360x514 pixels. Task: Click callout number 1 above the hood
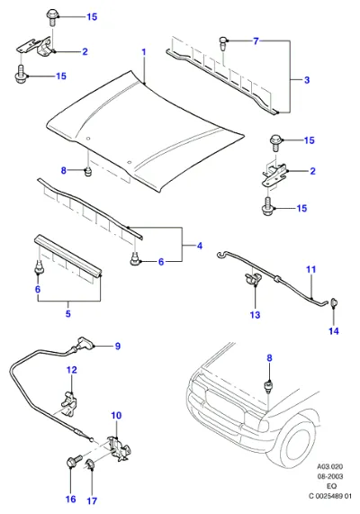pos(144,52)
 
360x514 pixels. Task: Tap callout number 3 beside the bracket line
pos(307,80)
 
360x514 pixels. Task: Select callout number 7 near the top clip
pos(256,41)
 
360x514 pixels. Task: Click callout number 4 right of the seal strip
pos(200,246)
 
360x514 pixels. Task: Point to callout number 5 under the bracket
pos(67,313)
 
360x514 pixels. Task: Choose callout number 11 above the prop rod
pos(310,269)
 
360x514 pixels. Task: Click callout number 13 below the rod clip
pos(255,315)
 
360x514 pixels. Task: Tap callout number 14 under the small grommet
pos(334,331)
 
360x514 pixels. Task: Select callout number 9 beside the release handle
pos(118,347)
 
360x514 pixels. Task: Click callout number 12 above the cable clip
pos(72,370)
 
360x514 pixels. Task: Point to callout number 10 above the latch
pos(116,416)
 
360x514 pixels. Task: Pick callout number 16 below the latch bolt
pos(71,500)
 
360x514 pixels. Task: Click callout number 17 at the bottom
pos(92,500)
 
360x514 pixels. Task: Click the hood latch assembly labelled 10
pos(120,448)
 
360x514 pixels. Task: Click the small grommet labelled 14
pos(334,302)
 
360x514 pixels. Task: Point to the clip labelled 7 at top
pos(222,43)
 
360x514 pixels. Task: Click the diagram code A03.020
pos(329,466)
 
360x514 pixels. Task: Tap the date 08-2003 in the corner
pos(329,476)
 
